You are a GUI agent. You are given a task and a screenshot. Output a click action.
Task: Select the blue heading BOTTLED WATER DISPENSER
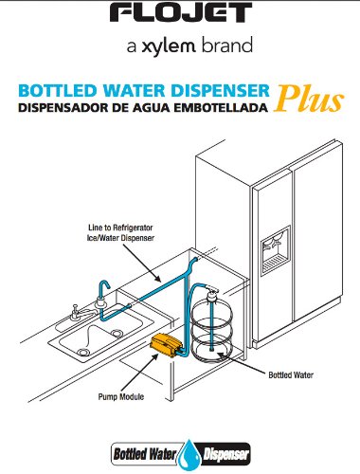(x=143, y=93)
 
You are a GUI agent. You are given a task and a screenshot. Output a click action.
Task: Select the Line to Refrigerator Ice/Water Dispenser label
(x=115, y=233)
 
